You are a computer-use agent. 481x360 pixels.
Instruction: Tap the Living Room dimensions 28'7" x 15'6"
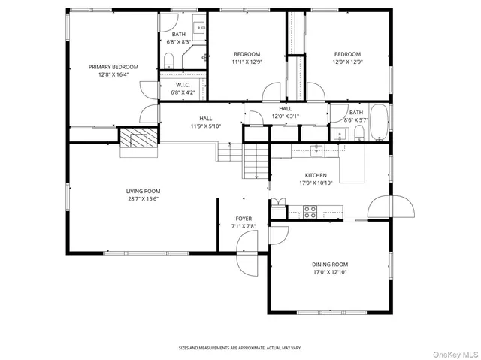143,199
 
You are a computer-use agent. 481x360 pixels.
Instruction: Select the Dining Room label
330,264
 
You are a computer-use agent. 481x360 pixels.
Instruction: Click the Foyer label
244,219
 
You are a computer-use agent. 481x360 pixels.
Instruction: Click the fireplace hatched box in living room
139,138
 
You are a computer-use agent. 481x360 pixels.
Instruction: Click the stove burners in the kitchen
310,211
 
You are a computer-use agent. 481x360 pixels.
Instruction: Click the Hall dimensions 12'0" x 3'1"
285,116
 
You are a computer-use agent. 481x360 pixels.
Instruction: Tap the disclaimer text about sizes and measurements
240,348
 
